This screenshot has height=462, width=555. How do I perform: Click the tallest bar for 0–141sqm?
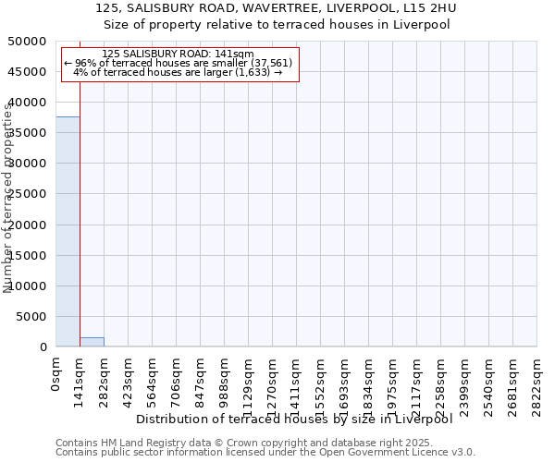[x=68, y=231]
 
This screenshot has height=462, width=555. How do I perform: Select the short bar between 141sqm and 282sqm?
[x=92, y=342]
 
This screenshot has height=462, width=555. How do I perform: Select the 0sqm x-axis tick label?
[x=55, y=374]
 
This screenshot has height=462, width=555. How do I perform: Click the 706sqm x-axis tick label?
[x=176, y=378]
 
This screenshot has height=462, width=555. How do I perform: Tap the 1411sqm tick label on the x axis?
[x=296, y=382]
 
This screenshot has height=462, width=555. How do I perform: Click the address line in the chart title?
[x=277, y=8]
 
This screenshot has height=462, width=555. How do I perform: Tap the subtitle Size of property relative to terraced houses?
[x=277, y=25]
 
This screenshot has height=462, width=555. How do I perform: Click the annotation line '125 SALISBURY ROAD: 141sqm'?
[x=178, y=55]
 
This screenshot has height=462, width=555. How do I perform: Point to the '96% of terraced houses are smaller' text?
[x=178, y=63]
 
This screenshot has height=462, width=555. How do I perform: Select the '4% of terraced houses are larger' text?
[x=178, y=72]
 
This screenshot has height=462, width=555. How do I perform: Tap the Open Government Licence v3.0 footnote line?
[x=265, y=453]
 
